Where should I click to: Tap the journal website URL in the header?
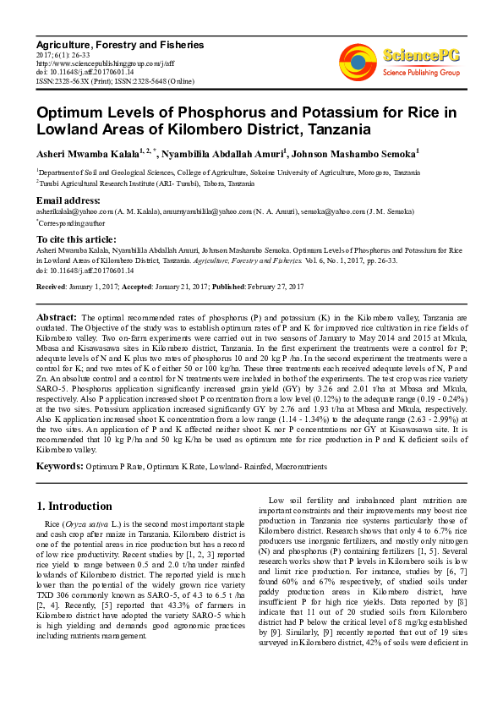point(105,62)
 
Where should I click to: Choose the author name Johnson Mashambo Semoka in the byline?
point(356,153)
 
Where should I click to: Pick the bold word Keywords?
point(58,465)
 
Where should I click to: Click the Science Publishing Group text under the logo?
point(420,73)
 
